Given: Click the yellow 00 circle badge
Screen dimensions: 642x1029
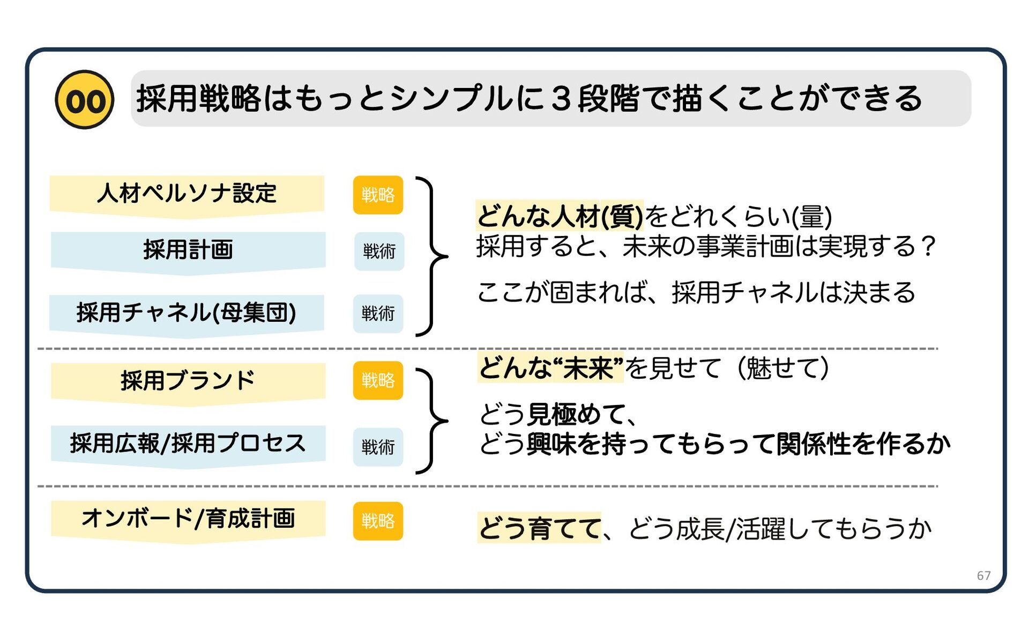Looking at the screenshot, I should click(85, 100).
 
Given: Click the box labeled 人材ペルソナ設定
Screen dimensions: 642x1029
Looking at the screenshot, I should click(187, 194).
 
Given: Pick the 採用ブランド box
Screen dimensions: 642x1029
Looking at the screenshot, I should click(188, 381).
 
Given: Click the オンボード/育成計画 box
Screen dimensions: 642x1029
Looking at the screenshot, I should click(188, 519).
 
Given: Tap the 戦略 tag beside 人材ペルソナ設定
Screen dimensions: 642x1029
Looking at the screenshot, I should click(378, 195).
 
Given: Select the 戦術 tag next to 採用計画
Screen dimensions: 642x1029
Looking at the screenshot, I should click(379, 251).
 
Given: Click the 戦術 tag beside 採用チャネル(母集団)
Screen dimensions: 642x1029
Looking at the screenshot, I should click(378, 313).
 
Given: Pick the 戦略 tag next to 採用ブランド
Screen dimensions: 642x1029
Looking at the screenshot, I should click(378, 381).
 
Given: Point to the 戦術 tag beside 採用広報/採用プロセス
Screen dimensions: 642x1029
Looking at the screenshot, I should click(378, 447).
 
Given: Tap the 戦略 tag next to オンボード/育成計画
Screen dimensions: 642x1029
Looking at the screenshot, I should click(378, 521).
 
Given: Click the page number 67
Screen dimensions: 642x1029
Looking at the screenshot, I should click(983, 575).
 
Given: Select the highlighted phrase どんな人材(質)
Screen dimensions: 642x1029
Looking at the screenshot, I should click(559, 216).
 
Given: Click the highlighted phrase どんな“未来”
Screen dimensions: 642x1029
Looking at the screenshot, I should click(550, 368).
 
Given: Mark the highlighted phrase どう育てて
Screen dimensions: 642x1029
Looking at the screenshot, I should click(539, 528).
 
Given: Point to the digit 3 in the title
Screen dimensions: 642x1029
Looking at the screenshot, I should click(561, 99).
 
